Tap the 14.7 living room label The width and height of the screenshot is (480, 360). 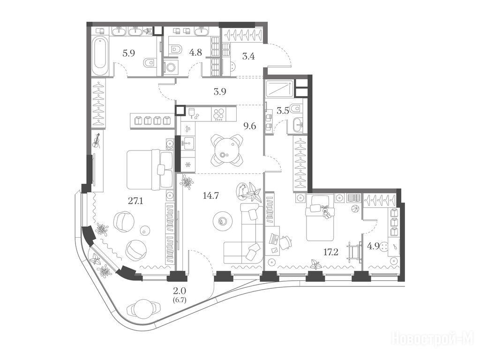[x=210, y=195]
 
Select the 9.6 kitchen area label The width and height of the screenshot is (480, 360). [x=249, y=126]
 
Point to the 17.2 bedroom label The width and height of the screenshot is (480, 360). [x=331, y=252]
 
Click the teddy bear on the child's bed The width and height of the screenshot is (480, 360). [x=326, y=212]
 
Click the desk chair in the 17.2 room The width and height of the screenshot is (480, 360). [x=286, y=242]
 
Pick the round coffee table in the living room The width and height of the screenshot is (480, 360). [x=222, y=221]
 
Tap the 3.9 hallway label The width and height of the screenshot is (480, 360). [x=220, y=91]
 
